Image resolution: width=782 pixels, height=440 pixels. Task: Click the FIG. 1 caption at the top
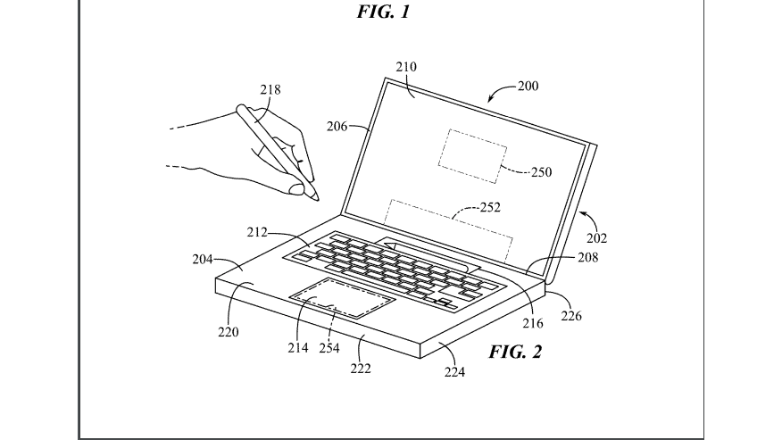pos(387,12)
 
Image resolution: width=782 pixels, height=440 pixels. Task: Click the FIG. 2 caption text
pos(515,351)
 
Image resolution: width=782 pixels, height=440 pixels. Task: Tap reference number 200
pos(528,87)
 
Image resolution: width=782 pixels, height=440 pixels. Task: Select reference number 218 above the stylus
pos(270,89)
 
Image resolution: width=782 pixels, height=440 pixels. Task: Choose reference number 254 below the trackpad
pos(329,347)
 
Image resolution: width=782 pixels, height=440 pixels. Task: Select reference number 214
pos(297,347)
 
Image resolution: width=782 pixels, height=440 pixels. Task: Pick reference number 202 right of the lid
pos(596,238)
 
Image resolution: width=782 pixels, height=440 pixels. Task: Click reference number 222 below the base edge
pos(361,367)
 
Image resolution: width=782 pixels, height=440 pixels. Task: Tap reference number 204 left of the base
pos(204,261)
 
